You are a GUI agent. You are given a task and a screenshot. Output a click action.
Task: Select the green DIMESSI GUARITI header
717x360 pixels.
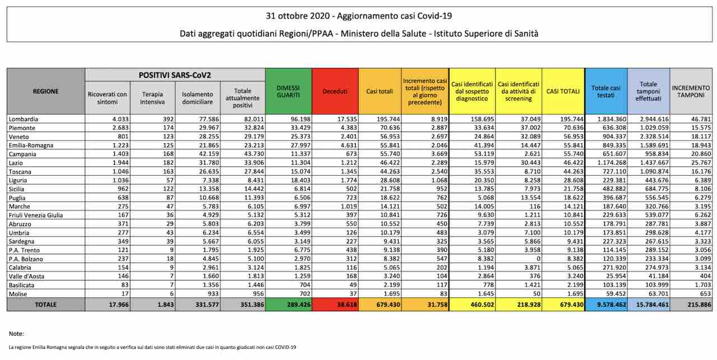click(288, 92)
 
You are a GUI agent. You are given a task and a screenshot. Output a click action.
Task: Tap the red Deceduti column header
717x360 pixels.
click(334, 92)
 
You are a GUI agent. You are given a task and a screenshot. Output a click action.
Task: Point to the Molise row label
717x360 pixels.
click(18, 293)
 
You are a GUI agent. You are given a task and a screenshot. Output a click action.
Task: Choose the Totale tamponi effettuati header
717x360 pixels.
click(648, 92)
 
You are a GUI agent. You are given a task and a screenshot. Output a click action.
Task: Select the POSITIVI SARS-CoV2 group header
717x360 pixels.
click(174, 75)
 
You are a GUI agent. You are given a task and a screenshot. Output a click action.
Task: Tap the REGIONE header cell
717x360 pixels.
click(45, 91)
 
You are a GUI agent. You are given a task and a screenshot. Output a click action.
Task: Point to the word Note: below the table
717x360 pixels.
click(17, 334)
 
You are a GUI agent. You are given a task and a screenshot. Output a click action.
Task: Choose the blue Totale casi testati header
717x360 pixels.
click(606, 92)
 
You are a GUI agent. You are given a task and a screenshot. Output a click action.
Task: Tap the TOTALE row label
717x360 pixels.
click(45, 305)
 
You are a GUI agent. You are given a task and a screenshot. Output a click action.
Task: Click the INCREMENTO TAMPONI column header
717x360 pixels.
click(691, 92)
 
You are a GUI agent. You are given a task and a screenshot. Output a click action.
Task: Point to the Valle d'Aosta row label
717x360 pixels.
click(27, 277)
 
